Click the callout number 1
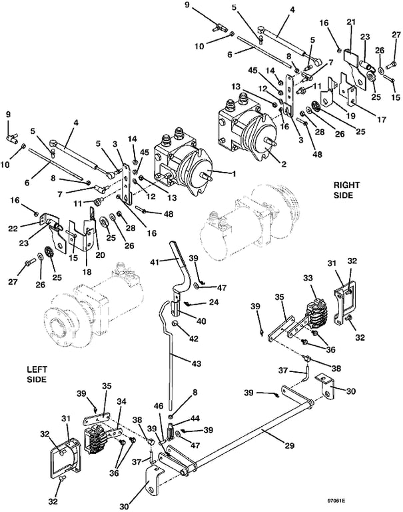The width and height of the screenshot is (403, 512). coord(234,174)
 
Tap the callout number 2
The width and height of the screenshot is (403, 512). coord(284,164)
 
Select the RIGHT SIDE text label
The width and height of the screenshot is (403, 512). coord(346,190)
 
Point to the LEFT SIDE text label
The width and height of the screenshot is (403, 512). coord(37,374)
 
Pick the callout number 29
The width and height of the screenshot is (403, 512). coord(290,445)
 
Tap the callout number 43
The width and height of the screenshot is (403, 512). coord(197,363)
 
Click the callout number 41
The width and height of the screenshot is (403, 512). coord(155,262)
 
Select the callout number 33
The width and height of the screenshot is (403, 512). coord(308,277)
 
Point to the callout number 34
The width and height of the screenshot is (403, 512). coord(121,401)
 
